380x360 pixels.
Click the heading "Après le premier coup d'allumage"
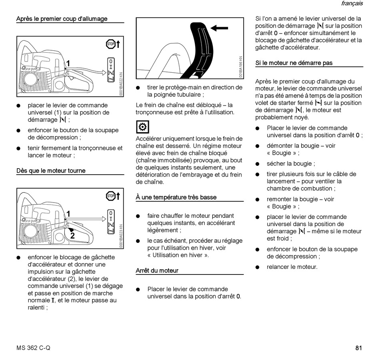(x=62, y=19)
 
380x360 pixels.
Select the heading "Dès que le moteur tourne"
(x=51, y=171)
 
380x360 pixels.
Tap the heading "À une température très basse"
(x=176, y=197)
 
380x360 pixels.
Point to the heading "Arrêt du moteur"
(x=157, y=270)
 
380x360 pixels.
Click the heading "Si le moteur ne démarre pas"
(x=294, y=63)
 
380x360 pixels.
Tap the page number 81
(x=358, y=348)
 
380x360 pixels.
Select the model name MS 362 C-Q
(x=34, y=348)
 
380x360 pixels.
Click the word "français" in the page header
(x=352, y=4)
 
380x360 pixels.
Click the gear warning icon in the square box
(x=142, y=127)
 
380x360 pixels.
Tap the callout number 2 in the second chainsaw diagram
(x=72, y=236)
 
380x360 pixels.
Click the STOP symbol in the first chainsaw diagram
(x=110, y=44)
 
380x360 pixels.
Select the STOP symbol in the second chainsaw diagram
(x=110, y=196)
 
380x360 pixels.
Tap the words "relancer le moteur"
(x=292, y=267)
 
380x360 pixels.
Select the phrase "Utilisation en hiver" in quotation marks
(x=178, y=255)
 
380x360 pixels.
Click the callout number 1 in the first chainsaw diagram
(x=68, y=63)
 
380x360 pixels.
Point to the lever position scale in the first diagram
(x=111, y=70)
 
